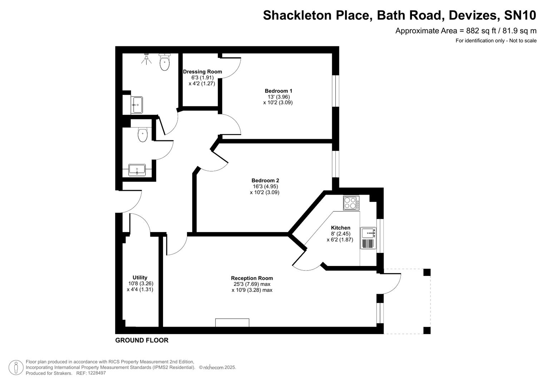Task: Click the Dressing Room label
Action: pyautogui.click(x=202, y=71)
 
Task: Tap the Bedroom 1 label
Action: pyautogui.click(x=278, y=91)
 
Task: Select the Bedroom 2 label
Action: pyautogui.click(x=265, y=180)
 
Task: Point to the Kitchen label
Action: pyautogui.click(x=340, y=228)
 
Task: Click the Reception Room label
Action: pyautogui.click(x=252, y=278)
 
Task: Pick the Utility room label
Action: pyautogui.click(x=140, y=277)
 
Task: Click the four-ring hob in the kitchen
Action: pyautogui.click(x=351, y=203)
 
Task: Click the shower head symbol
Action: pyautogui.click(x=147, y=59)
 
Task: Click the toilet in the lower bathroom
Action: pyautogui.click(x=143, y=135)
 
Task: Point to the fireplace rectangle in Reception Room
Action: pyautogui.click(x=232, y=323)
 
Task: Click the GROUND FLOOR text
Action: pyautogui.click(x=142, y=340)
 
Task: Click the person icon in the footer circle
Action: pyautogui.click(x=16, y=367)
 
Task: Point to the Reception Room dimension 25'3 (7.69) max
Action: pyautogui.click(x=252, y=284)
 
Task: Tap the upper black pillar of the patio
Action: pyautogui.click(x=427, y=273)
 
